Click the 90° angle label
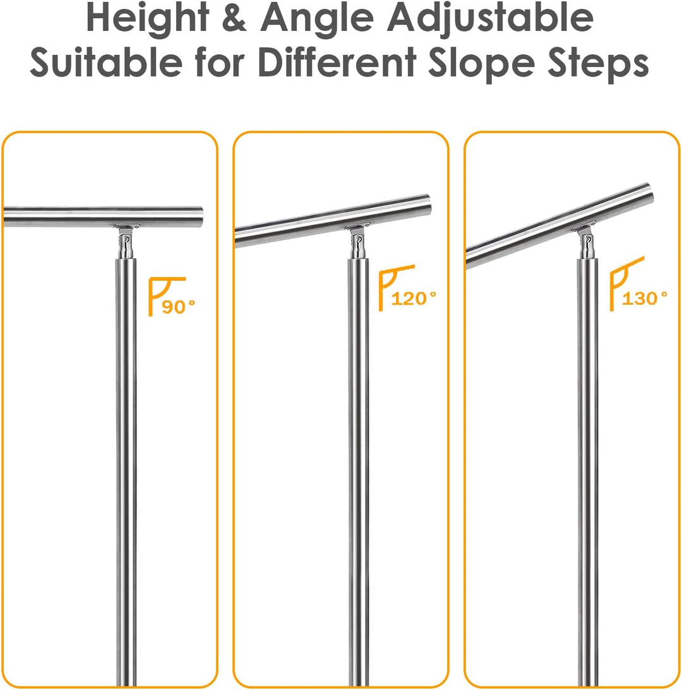pos(179,306)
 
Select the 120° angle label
pos(414,297)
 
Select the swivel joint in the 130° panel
pos(587,241)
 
